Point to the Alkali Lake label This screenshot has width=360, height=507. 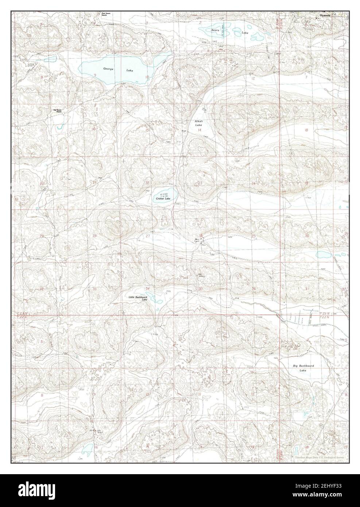[199, 123]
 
